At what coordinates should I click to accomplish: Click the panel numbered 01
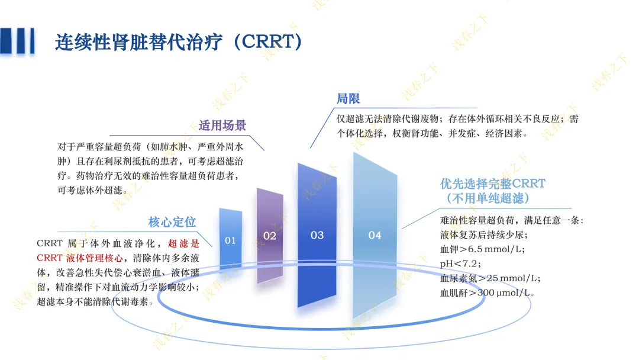coord(231,239)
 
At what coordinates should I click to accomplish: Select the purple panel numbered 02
coord(270,236)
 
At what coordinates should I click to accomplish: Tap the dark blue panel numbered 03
coord(317,235)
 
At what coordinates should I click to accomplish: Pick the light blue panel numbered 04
coord(375,235)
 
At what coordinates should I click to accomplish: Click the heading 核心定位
coord(172,222)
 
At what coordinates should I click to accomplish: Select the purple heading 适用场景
coord(222,125)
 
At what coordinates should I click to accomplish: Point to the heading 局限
coord(348,98)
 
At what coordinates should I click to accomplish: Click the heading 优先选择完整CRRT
coord(493,184)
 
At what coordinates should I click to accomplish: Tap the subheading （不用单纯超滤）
coord(488,198)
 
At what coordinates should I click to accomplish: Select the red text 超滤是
coord(184,243)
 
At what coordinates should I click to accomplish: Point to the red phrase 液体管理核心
coord(94,258)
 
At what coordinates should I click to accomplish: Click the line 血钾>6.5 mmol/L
coord(483,249)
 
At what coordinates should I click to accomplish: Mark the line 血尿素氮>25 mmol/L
coord(490,278)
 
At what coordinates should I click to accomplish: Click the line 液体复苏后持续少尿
coord(484,234)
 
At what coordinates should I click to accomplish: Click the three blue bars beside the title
coord(17,41)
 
